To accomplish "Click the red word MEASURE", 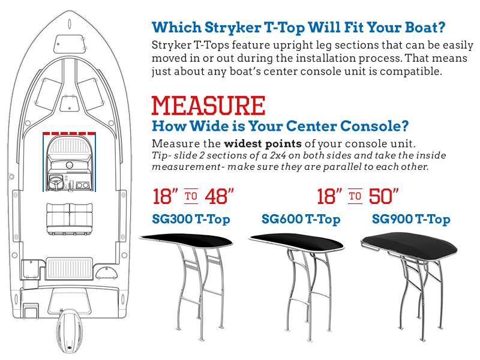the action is tap(208, 106).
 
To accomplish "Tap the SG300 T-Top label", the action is tap(191, 219).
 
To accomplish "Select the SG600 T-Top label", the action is tap(301, 219).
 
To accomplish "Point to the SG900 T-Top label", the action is tap(411, 219).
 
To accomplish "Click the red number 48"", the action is tap(220, 196).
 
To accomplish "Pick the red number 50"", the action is tap(384, 196).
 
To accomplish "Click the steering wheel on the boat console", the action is tap(56, 182).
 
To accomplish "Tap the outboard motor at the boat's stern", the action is tap(70, 331).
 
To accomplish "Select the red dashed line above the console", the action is tap(69, 133).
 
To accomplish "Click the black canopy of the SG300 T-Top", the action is tap(186, 240).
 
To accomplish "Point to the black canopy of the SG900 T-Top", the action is tap(410, 244).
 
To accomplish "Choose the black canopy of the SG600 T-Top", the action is tap(296, 241).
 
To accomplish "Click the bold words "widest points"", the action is tap(263, 143).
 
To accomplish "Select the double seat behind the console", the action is tap(70, 218).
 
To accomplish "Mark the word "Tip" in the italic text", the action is tap(160, 155).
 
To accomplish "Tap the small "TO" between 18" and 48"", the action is tap(191, 196).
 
